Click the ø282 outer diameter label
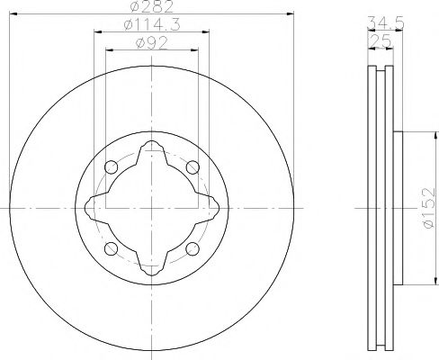point(151,7)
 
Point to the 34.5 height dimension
point(381,22)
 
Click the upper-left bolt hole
point(111,167)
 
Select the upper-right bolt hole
point(192,167)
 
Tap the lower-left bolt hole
point(111,248)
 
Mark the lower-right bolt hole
point(192,248)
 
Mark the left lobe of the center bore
point(90,208)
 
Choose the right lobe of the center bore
point(213,208)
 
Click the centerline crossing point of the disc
point(151,208)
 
